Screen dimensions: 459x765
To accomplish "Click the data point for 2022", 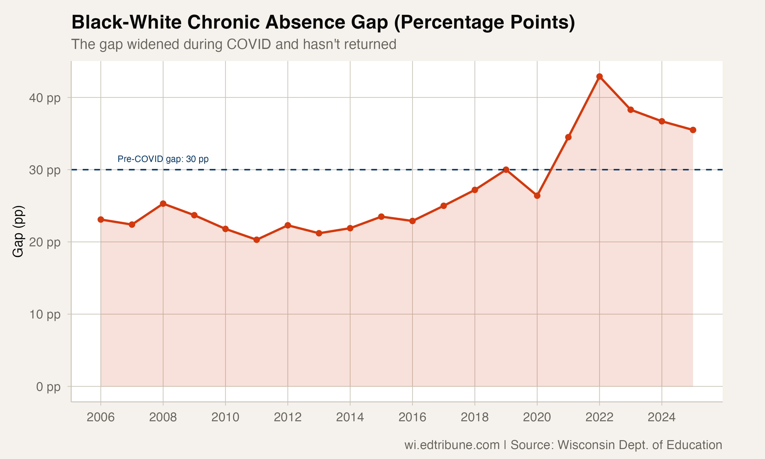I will [x=599, y=76].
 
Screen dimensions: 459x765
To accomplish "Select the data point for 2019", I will [x=506, y=170].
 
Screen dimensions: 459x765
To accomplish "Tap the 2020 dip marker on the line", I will [x=537, y=196].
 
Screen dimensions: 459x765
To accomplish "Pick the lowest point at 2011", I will [x=256, y=240].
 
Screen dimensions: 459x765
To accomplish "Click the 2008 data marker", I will [x=163, y=203].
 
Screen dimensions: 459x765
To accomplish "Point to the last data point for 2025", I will [x=693, y=130].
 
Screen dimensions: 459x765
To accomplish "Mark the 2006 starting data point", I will [x=100, y=219].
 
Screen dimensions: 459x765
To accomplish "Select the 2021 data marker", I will [x=568, y=137].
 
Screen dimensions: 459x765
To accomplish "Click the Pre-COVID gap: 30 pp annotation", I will [x=163, y=159].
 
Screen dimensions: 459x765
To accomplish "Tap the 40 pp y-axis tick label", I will [x=45, y=98].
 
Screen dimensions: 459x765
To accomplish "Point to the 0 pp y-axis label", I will [x=48, y=387].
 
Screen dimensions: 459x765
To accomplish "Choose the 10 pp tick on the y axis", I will [x=45, y=315].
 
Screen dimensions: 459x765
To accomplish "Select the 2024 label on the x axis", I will [x=661, y=417].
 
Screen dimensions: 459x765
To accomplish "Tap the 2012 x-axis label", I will [x=288, y=417].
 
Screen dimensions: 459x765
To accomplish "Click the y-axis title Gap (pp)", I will [x=18, y=231].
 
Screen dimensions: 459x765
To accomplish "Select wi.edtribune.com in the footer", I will [x=452, y=445].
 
